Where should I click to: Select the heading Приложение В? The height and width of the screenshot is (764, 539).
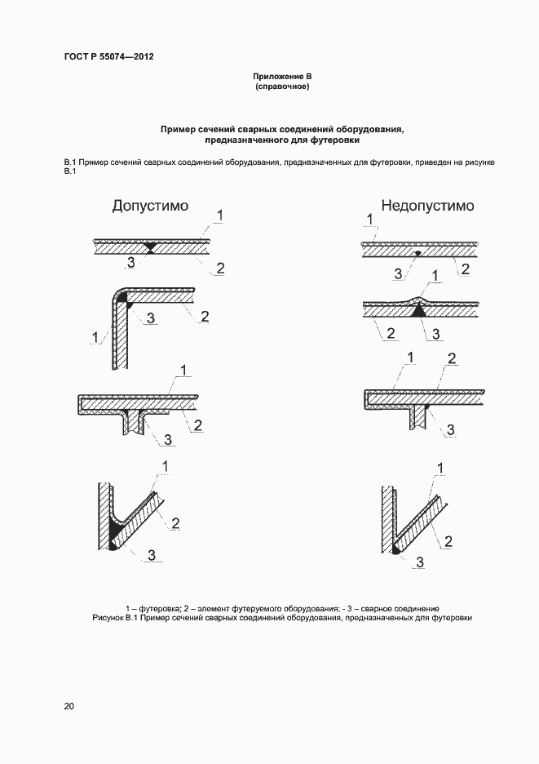click(282, 77)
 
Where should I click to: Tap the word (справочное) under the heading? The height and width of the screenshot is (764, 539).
click(282, 87)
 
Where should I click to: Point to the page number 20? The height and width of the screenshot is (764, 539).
click(68, 707)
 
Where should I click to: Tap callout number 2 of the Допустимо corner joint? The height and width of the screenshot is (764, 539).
click(205, 316)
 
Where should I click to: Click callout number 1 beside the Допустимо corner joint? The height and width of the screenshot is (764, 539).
click(95, 336)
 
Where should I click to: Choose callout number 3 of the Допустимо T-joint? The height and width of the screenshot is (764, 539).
click(167, 439)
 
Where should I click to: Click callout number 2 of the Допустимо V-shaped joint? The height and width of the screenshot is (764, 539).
click(176, 522)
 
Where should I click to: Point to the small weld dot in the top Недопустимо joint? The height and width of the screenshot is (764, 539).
click(418, 253)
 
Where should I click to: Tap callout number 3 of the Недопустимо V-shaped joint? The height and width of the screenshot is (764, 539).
click(421, 562)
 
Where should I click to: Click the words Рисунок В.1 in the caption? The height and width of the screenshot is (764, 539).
click(113, 618)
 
